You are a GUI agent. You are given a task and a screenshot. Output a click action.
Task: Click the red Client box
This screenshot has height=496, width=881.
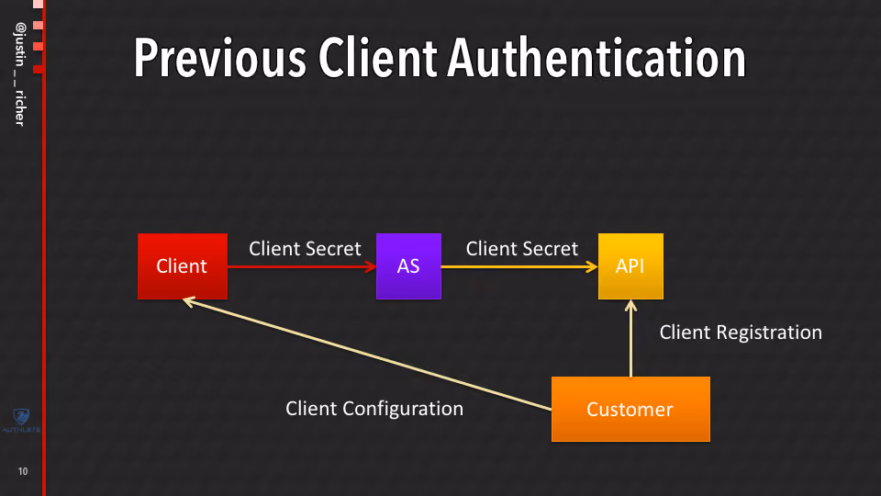[183, 266]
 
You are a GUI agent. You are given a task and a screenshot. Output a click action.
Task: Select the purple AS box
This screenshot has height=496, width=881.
[408, 266]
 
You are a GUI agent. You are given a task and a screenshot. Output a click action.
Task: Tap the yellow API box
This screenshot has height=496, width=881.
[630, 266]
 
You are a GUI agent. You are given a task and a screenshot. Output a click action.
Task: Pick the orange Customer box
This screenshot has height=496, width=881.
[630, 409]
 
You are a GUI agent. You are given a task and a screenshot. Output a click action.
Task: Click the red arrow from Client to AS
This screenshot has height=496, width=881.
[302, 266]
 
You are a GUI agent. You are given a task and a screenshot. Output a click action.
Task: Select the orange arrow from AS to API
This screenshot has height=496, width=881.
[519, 266]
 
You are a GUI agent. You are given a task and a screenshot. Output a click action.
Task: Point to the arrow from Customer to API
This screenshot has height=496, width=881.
[630, 338]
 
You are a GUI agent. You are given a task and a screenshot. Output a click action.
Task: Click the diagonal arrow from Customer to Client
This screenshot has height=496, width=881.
[367, 354]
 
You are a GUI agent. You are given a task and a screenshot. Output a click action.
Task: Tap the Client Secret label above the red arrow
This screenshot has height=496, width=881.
[305, 249]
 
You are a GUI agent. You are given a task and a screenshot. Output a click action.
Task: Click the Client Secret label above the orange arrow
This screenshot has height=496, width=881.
[521, 249]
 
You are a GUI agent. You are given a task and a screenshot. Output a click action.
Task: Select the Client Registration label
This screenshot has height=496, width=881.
[741, 333]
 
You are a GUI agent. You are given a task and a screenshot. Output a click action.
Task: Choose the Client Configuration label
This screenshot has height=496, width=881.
[374, 408]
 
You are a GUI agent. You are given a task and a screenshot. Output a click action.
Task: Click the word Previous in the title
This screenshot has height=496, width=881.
[219, 58]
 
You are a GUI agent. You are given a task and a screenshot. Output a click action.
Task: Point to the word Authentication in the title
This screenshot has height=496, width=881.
[597, 58]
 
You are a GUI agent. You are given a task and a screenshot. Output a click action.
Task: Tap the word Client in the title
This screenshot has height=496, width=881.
[377, 58]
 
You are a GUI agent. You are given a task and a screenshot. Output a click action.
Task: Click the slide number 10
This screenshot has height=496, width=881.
[22, 471]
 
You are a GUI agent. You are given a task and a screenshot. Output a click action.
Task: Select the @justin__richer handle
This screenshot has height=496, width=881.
[20, 74]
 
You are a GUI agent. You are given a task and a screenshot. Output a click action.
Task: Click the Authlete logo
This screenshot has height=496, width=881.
[21, 421]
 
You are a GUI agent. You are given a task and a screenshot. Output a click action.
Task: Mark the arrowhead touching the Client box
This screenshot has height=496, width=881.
[189, 302]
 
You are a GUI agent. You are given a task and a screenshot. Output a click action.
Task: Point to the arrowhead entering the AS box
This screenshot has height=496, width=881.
[371, 266]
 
